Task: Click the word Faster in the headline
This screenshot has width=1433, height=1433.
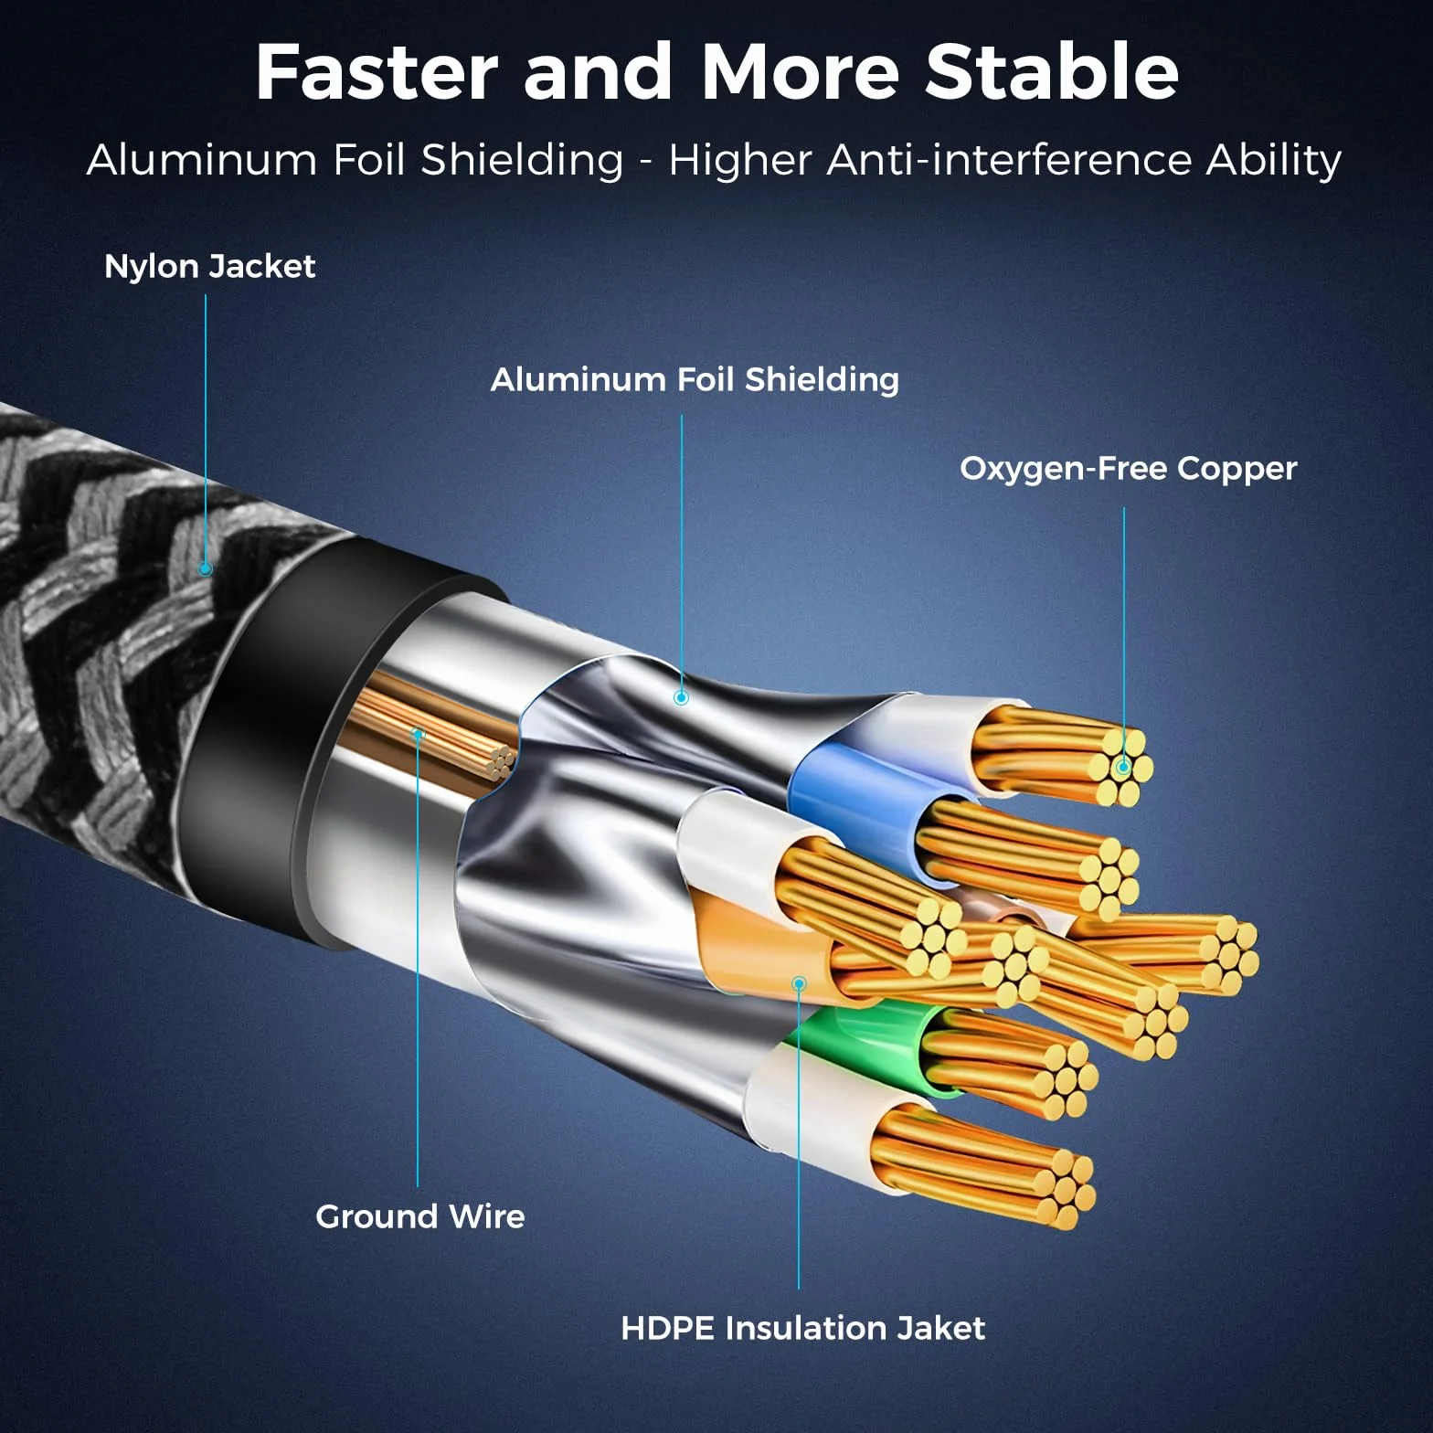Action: coord(377,72)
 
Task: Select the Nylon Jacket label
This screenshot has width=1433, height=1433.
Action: coord(209,267)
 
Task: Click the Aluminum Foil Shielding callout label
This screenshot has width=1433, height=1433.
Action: coord(695,379)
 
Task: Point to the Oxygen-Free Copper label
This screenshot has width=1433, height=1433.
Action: coord(1129,469)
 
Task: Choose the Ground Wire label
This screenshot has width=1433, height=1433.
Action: coord(420,1216)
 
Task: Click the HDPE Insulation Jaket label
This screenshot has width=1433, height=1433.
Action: coord(803,1328)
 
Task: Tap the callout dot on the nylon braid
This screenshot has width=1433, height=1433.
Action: coord(206,568)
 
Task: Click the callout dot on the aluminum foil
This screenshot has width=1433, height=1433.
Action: coord(681,697)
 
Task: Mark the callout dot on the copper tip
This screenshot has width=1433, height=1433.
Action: coord(1123,767)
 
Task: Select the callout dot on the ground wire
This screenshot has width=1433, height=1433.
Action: coord(418,734)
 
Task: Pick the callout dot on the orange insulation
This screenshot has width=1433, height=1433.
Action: coord(799,983)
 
